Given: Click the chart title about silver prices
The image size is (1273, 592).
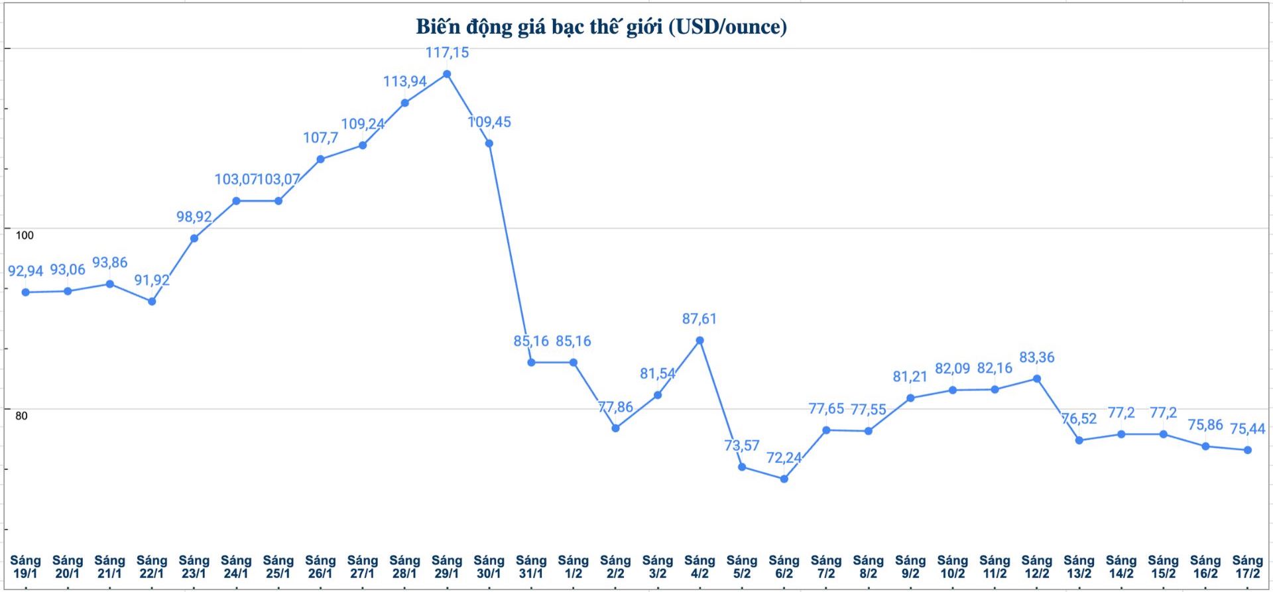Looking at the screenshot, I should [601, 27].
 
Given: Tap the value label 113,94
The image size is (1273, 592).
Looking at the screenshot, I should [404, 82].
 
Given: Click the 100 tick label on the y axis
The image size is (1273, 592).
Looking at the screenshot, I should [25, 235].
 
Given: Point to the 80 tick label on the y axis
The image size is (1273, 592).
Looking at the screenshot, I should [21, 416].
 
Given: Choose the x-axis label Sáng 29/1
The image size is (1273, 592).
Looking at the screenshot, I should [447, 567].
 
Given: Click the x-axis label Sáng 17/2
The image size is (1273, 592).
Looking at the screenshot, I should [1247, 567].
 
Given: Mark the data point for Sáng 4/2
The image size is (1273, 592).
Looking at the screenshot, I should [699, 341].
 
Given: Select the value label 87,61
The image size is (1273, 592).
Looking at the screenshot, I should [699, 319].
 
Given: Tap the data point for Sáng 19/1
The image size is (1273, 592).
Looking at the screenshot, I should [26, 292].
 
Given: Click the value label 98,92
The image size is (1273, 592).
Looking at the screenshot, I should [194, 217].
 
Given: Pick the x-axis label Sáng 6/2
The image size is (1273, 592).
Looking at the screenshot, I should [784, 567].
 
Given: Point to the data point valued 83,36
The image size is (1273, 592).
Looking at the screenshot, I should [1037, 379].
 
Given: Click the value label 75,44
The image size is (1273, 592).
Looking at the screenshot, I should [1247, 429].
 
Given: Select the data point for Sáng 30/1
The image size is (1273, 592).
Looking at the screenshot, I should [489, 143].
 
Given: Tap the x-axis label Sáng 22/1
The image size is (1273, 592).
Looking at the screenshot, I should [152, 567].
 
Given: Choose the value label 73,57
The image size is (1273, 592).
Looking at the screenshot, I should [741, 445].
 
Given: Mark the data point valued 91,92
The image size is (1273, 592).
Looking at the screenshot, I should [152, 301].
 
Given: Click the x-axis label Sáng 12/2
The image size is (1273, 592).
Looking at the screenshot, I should [1037, 567].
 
